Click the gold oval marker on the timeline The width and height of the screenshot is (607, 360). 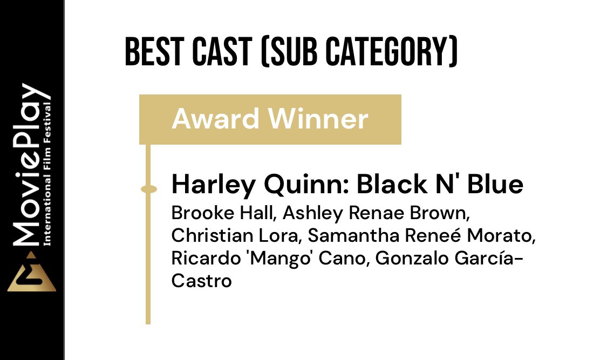click(148, 189)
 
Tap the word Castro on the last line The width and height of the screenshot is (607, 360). click(201, 281)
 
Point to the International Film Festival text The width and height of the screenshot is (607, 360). click(49, 173)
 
